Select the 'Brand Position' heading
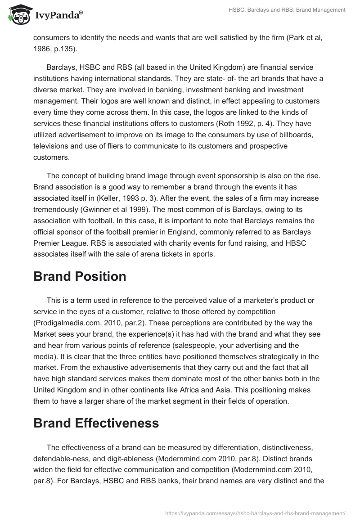pyautogui.click(x=80, y=276)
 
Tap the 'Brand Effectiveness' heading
pyautogui.click(x=96, y=423)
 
